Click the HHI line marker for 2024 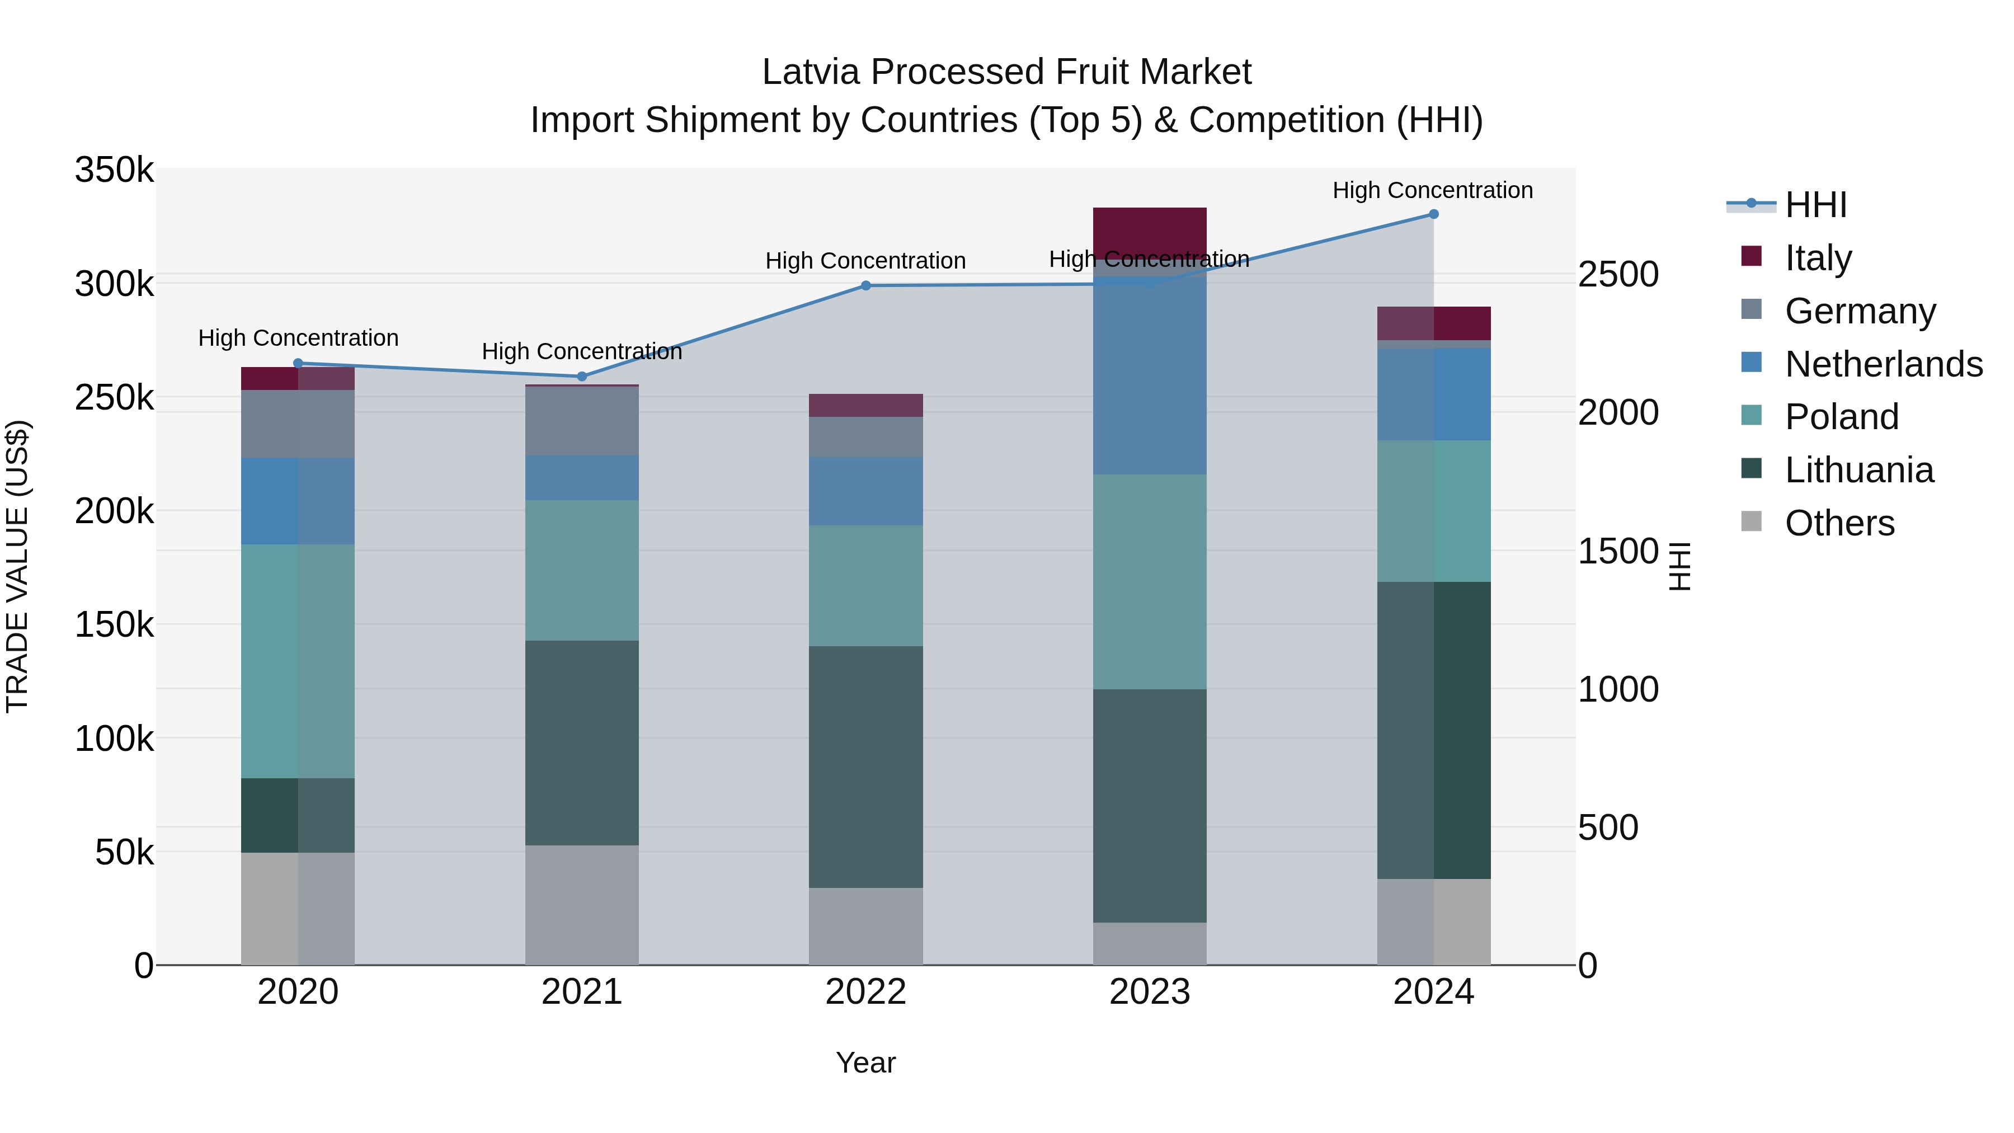pyautogui.click(x=1433, y=214)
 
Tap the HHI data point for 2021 pyautogui.click(x=582, y=377)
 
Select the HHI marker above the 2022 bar pyautogui.click(x=865, y=286)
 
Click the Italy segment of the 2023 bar pyautogui.click(x=1149, y=232)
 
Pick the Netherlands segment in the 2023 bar pyautogui.click(x=1149, y=375)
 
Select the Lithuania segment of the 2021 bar pyautogui.click(x=582, y=743)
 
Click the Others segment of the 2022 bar pyautogui.click(x=865, y=926)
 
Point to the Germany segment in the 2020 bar pyautogui.click(x=298, y=424)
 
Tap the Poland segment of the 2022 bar pyautogui.click(x=865, y=586)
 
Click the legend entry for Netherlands pyautogui.click(x=1883, y=364)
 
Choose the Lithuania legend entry pyautogui.click(x=1858, y=471)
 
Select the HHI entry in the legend pyautogui.click(x=1815, y=205)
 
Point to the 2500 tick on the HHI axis pyautogui.click(x=1617, y=275)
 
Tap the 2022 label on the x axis pyautogui.click(x=865, y=992)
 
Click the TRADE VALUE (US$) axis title pyautogui.click(x=17, y=566)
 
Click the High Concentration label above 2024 pyautogui.click(x=1432, y=191)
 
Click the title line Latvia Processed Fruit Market pyautogui.click(x=1006, y=72)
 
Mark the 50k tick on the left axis pyautogui.click(x=124, y=852)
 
